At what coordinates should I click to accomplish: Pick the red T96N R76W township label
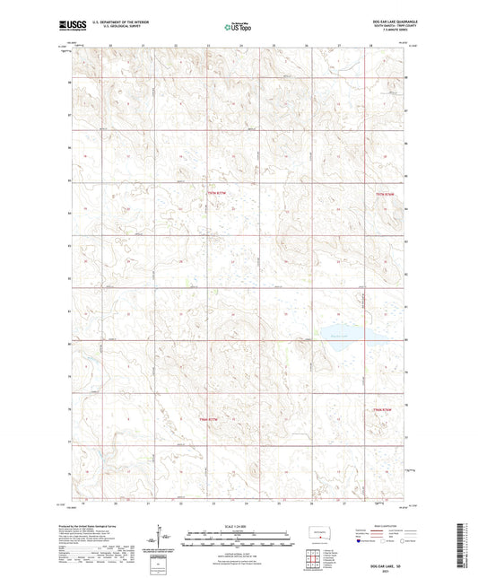tap(382, 409)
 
